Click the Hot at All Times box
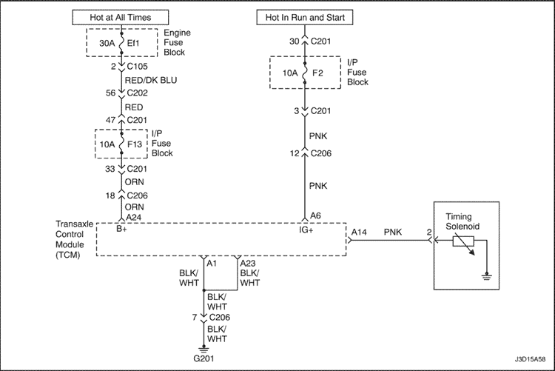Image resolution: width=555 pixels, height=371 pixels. point(121,17)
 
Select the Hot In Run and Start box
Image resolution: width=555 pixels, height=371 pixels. point(305,17)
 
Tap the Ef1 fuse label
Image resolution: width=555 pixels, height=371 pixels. point(133,43)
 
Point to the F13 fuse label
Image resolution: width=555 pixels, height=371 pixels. point(135,144)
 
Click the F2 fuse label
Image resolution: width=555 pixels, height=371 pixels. point(317,73)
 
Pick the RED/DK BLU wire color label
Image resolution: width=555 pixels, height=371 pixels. point(151,81)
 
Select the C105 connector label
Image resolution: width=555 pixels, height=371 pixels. point(138,66)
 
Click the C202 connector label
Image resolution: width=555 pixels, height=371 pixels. point(138,93)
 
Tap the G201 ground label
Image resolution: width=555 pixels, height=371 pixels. point(203,358)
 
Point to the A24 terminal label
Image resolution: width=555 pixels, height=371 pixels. point(134,217)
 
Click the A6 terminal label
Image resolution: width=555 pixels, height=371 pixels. point(315,215)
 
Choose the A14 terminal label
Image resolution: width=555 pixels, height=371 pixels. point(359,232)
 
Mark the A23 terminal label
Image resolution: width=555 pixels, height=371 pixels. point(248,264)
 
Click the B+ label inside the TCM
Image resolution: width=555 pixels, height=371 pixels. point(121,229)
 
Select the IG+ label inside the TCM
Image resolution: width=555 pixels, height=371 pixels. point(306,230)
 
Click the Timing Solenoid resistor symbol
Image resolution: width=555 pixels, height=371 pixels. point(463,242)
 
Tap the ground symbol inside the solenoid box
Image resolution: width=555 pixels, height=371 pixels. point(487,276)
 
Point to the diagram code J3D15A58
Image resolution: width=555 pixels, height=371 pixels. point(530,359)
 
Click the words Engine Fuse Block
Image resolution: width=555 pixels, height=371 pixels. point(177,42)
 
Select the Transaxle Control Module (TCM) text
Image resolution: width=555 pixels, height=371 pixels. point(74,239)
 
